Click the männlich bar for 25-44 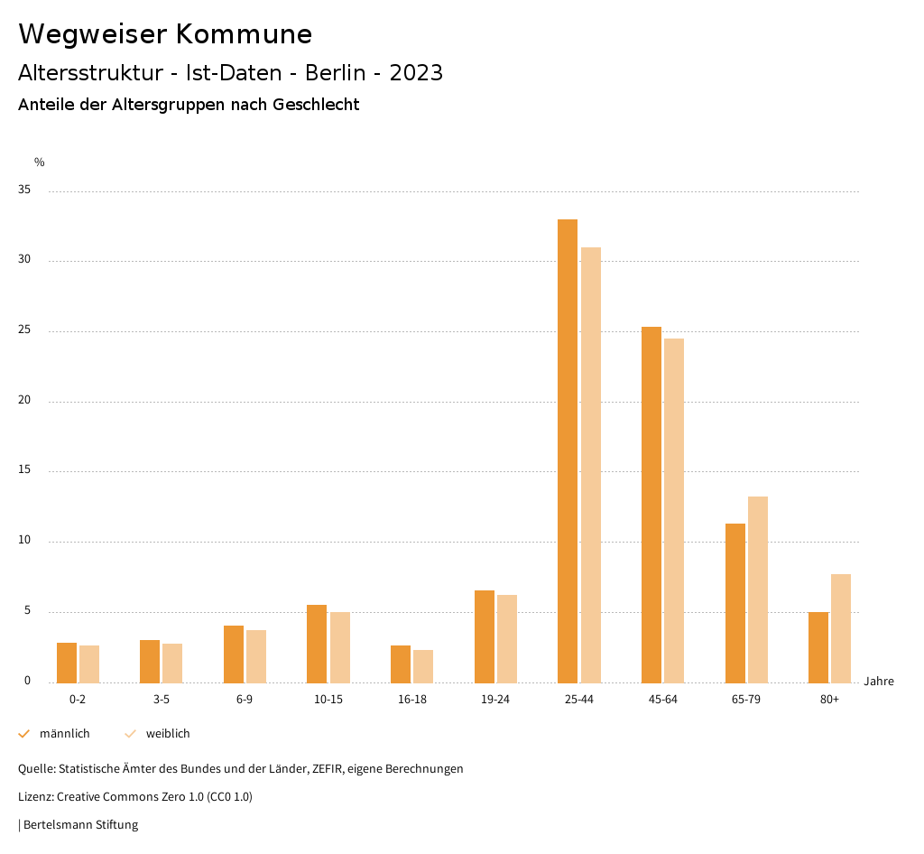[x=568, y=451]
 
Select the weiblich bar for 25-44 [x=591, y=465]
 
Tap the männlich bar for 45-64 [x=651, y=505]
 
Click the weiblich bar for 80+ [x=841, y=628]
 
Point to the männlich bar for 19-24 [x=485, y=636]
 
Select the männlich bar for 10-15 [x=317, y=644]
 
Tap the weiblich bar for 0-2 [x=89, y=664]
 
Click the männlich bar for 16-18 [x=401, y=664]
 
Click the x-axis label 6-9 [x=245, y=700]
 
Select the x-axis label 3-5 [x=161, y=700]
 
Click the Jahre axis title [x=879, y=682]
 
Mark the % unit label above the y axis [x=40, y=162]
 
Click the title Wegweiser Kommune [x=165, y=34]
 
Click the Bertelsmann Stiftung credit [x=80, y=825]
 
